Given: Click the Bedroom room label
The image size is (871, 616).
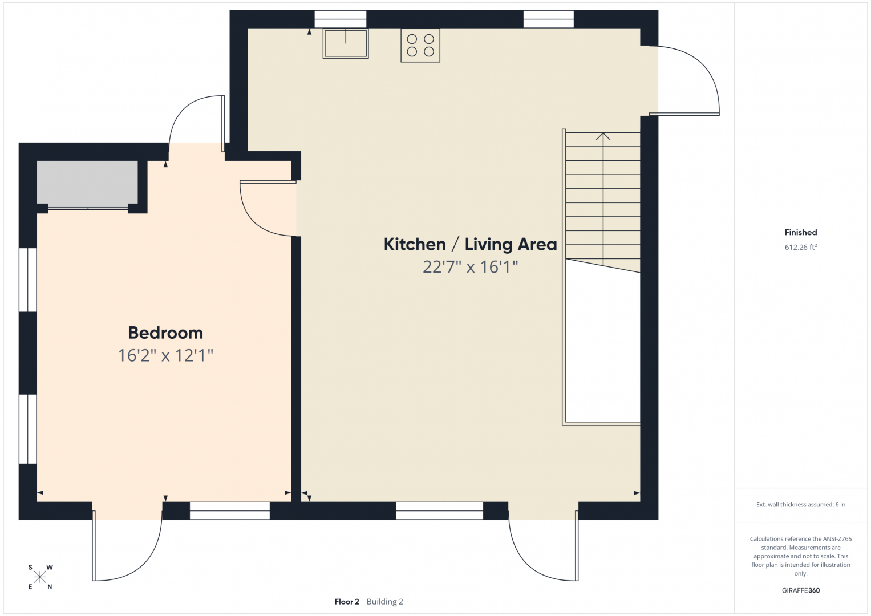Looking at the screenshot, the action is pos(165,333).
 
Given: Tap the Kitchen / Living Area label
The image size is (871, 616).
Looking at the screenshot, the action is pos(470,244).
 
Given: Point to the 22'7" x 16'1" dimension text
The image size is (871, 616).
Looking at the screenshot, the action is pos(471,267).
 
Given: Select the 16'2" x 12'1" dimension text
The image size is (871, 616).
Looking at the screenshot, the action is pos(165,355).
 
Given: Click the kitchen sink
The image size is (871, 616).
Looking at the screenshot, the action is pos(346,43).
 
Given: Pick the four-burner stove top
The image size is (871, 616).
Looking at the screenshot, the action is pos(420,46).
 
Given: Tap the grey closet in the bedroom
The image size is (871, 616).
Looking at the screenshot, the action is pos(87,183).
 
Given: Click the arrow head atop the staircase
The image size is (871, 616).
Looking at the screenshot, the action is pos(603,136).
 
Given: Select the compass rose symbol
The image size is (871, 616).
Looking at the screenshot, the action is pos(40,577).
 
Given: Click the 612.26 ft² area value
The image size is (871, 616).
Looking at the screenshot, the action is pos(801,247).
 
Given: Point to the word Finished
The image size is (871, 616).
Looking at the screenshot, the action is pos(801,232).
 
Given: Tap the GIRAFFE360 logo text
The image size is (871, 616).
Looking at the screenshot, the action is pos(801,590).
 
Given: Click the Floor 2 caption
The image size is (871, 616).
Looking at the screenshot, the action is pos(347,602).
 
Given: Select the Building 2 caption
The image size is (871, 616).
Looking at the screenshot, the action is pos(384,602).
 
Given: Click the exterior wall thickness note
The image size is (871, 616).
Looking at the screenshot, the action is pos(801,504).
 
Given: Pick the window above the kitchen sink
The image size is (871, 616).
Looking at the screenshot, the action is pos(340,19).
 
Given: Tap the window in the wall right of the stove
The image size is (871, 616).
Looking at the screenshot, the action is pos(548,19).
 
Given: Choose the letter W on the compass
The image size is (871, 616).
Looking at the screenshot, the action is pos(50,567).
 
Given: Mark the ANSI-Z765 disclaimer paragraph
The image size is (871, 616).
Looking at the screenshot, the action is pos(801,556).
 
